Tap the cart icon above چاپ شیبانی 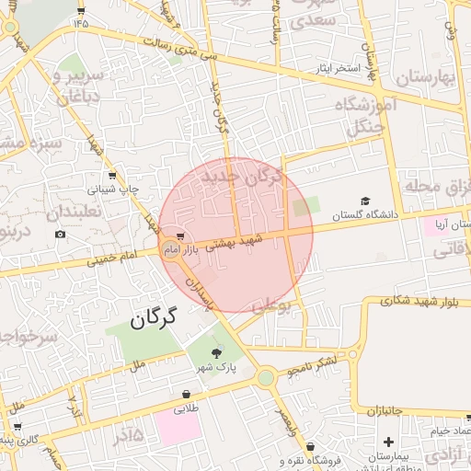click(112, 176)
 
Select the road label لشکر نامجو click(316, 365)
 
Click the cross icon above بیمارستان click(389, 442)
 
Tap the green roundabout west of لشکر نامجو click(266, 377)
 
